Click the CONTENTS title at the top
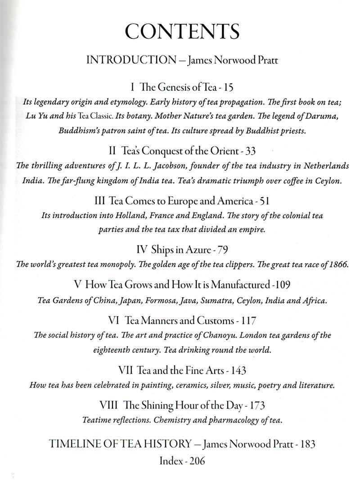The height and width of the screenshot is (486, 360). (x=182, y=32)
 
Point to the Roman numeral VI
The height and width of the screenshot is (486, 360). (x=114, y=321)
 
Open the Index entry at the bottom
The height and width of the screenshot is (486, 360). (x=182, y=461)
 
